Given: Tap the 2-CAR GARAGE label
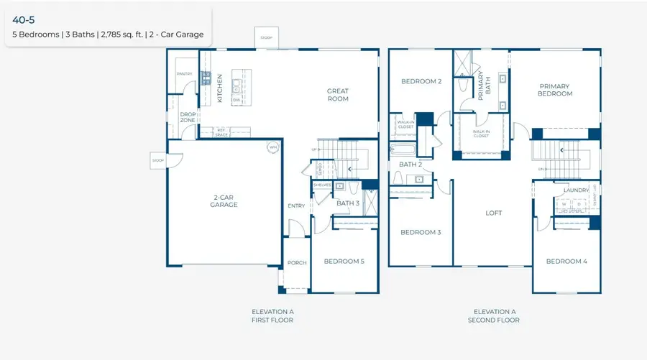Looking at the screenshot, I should [224, 200].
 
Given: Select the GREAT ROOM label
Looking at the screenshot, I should [337, 95].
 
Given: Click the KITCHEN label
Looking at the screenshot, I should [220, 88].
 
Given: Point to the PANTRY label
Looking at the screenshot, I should [184, 73].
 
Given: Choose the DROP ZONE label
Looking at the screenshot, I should [188, 117].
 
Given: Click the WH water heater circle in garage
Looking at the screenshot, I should [272, 147].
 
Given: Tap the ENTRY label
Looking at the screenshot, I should [296, 206].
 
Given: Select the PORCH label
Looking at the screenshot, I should [297, 263].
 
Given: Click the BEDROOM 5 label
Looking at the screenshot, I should [344, 262].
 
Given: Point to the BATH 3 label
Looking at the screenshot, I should [348, 203].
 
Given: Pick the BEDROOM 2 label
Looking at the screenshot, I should [421, 81].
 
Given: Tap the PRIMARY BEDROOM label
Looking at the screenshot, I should [556, 90].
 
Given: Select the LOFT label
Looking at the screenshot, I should [493, 213].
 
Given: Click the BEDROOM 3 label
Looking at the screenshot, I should [421, 232].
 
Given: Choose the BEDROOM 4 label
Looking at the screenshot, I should [566, 262].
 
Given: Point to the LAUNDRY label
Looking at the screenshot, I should [577, 190].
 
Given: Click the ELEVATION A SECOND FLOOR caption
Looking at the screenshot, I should [493, 315].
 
